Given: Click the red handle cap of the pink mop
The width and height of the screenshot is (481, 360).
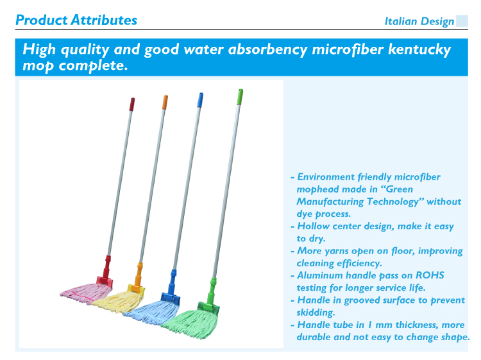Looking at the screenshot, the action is click(x=132, y=105).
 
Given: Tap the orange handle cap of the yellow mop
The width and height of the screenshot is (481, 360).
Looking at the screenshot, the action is click(x=165, y=102).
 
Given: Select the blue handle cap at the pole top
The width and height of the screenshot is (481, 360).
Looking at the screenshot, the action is click(x=200, y=100).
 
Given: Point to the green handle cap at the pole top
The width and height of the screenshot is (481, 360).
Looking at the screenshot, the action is click(x=240, y=97).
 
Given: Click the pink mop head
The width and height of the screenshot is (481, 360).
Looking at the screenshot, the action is click(x=86, y=293).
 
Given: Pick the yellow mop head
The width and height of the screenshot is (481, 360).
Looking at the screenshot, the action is click(x=118, y=301).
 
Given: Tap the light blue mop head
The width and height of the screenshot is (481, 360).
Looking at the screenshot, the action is click(x=152, y=311).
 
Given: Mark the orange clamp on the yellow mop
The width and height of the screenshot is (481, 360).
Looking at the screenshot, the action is click(x=137, y=279).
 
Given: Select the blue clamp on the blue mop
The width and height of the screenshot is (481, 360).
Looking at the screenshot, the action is click(x=171, y=287).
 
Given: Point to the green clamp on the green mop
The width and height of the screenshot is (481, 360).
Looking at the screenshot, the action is click(x=210, y=296).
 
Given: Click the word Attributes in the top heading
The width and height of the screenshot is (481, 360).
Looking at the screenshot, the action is click(x=104, y=21).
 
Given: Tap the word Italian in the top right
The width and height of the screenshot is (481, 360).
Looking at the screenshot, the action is click(x=401, y=21).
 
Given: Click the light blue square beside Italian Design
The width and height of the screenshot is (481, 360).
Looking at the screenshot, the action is click(x=462, y=21).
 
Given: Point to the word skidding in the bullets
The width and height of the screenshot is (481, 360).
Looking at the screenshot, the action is click(x=316, y=313).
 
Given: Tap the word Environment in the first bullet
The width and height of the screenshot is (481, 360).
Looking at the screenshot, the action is click(x=326, y=177).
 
